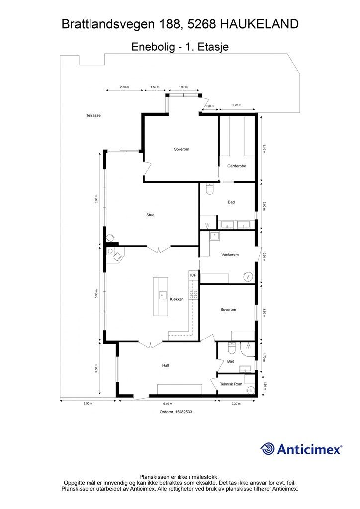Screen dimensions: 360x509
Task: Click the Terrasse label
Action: tap(93, 115)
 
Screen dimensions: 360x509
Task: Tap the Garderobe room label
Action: tap(237, 166)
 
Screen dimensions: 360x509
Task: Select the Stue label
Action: tap(150, 215)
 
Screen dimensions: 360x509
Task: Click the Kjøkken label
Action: tap(177, 299)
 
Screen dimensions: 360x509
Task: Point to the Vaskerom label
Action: tap(230, 255)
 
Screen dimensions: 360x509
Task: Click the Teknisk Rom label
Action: tap(231, 384)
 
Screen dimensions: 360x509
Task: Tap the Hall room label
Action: tap(165, 365)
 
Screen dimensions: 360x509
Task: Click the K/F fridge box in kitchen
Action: tap(193, 275)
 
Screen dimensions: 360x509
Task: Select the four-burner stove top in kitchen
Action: tap(194, 294)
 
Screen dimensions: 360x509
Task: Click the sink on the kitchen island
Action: tap(163, 295)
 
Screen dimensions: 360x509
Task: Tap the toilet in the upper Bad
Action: tap(210, 189)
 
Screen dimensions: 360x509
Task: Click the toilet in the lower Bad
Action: tap(232, 348)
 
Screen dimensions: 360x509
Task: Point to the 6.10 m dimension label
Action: tap(168, 404)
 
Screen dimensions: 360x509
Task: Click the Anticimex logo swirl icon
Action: tap(268, 449)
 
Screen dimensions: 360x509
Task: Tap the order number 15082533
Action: tap(183, 412)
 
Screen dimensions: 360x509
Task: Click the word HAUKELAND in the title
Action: tap(260, 24)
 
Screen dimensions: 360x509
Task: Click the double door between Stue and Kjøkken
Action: tap(158, 250)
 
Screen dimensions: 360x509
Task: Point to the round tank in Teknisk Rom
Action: tap(251, 390)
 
